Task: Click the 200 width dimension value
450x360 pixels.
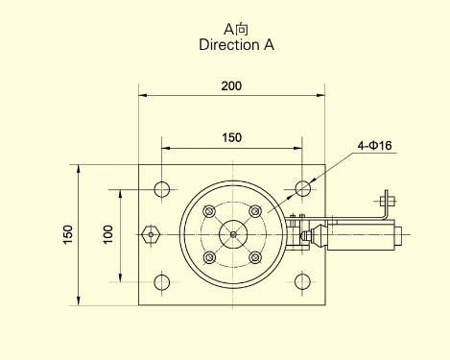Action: point(231,85)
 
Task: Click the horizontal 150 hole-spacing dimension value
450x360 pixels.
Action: point(232,137)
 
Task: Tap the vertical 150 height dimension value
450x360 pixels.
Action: point(68,234)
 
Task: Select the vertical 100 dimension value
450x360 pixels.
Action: point(108,234)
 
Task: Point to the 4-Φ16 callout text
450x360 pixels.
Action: point(374,146)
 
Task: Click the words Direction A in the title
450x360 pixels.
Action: point(237,45)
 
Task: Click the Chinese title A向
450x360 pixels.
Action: point(236,30)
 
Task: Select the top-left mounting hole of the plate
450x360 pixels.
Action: point(162,189)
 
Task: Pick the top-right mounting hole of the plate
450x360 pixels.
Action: point(302,188)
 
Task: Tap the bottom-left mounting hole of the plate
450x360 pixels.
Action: point(162,282)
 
